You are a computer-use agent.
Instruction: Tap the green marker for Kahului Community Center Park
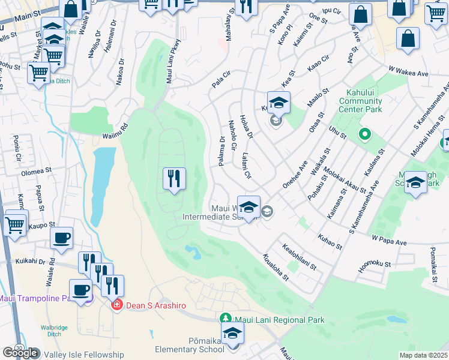364,134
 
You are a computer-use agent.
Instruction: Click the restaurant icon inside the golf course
174,178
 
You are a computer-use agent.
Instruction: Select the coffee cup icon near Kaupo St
61,238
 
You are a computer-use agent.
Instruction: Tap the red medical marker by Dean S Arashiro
118,305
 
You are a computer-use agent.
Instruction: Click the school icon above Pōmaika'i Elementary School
233,333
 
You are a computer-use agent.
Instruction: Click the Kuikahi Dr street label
31,262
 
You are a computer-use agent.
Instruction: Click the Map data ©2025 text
423,355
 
